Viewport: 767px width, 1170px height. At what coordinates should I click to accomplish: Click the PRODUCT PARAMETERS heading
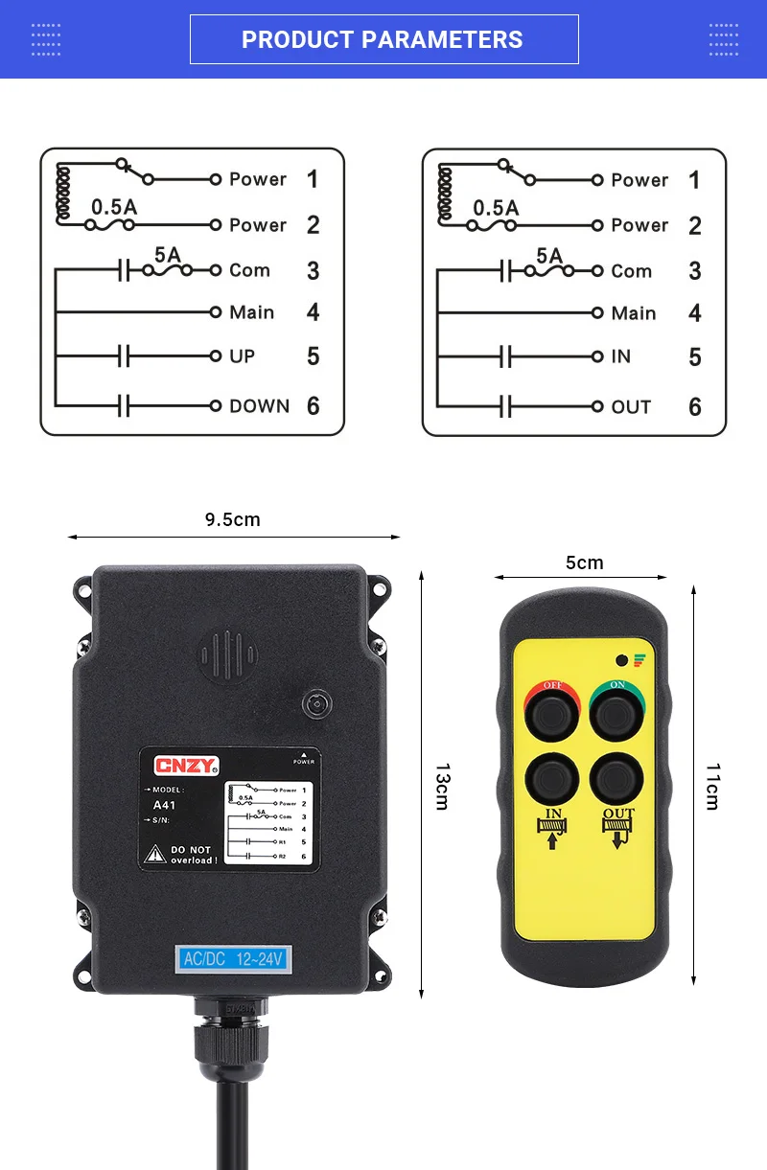[383, 39]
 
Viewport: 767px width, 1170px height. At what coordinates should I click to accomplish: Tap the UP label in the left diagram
[243, 356]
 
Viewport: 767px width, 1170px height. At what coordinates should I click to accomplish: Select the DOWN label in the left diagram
[259, 406]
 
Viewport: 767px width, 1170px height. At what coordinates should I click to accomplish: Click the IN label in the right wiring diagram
[621, 356]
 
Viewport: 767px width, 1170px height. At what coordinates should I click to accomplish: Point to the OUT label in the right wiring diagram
[631, 407]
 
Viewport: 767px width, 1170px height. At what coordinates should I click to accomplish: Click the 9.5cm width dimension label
[232, 519]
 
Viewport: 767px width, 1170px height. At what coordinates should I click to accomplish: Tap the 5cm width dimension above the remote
[584, 562]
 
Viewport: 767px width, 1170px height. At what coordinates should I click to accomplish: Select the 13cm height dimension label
[442, 786]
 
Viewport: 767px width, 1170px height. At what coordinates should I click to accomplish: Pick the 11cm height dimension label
[712, 786]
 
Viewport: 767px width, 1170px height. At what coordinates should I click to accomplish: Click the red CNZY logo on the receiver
[187, 765]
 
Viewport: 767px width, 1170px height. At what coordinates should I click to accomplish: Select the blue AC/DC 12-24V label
[231, 958]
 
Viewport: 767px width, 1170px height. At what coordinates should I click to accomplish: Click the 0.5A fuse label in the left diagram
[114, 206]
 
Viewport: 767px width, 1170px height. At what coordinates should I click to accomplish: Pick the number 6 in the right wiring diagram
[695, 407]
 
